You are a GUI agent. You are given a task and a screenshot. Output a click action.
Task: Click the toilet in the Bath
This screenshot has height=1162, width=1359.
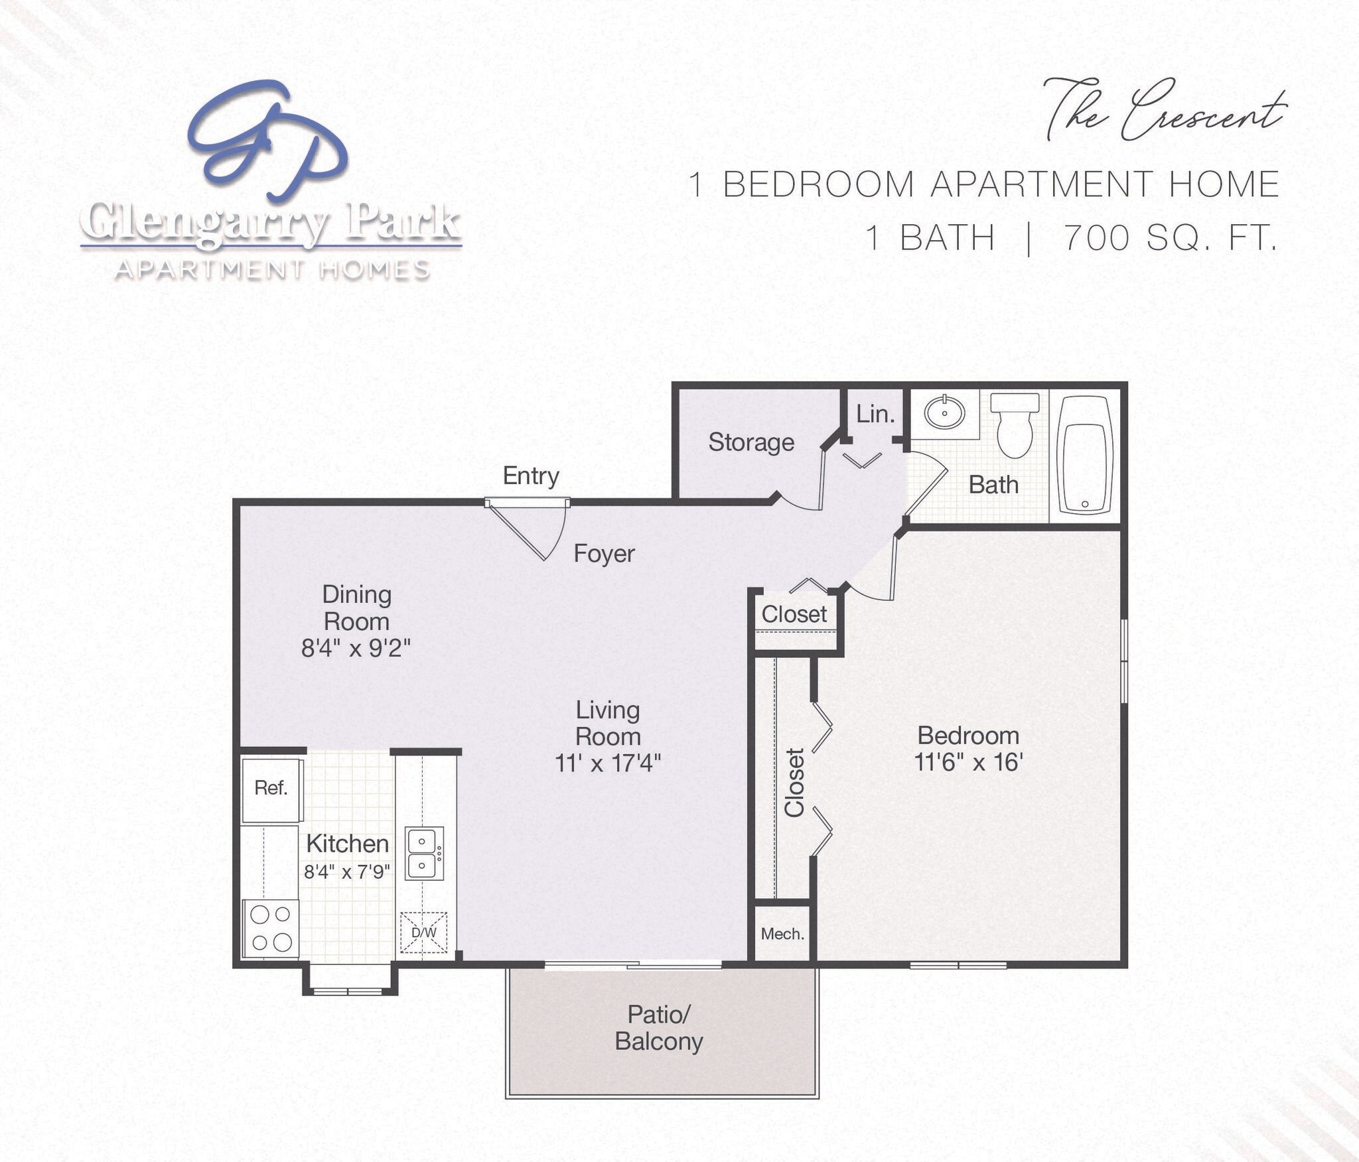[x=1015, y=424]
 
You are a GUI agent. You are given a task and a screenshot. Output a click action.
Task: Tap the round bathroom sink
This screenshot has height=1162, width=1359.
[x=944, y=413]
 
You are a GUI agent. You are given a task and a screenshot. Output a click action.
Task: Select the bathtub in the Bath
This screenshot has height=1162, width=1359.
[x=1084, y=456]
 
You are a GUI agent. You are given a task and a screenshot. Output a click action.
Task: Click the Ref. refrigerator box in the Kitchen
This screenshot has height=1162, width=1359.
[x=271, y=789]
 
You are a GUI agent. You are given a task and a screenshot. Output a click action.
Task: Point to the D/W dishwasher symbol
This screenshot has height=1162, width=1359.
[x=424, y=933]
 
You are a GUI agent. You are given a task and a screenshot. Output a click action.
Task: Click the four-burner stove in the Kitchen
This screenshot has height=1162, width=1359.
[x=271, y=929]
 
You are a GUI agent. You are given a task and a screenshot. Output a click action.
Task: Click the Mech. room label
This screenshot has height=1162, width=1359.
[x=782, y=935]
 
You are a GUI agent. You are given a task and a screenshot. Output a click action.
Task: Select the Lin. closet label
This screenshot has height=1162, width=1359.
[x=875, y=415]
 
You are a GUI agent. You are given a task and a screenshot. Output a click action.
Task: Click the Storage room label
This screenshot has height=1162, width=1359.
[x=751, y=442]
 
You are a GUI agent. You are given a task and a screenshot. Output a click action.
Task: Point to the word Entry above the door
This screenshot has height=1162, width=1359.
[x=531, y=476]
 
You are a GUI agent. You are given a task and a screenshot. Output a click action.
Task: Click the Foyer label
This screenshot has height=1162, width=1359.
[x=604, y=553]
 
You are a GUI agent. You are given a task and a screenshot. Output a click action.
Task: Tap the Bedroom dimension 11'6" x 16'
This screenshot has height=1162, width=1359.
[x=968, y=763]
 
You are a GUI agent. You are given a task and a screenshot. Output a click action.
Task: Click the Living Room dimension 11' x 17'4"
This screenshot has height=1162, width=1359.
[x=607, y=763]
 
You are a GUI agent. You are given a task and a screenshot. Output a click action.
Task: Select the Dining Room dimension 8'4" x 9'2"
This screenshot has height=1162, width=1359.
[x=356, y=648]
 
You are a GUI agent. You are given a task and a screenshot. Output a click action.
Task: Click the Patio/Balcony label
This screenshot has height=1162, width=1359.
[x=659, y=1027]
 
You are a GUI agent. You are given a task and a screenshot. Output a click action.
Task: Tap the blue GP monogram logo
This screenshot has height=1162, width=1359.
[x=269, y=139]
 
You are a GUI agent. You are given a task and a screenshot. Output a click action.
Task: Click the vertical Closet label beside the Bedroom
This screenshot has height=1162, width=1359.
[x=794, y=783]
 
